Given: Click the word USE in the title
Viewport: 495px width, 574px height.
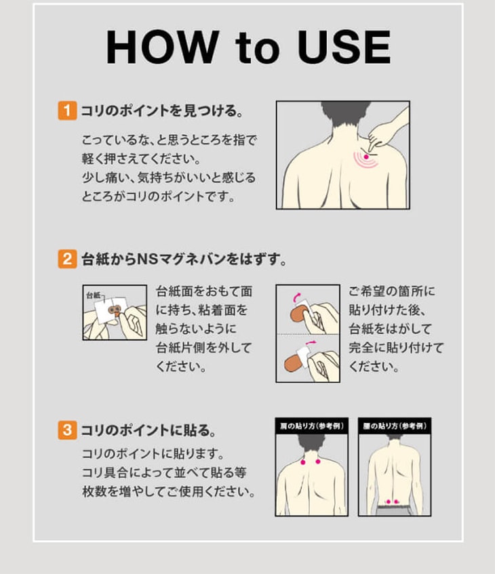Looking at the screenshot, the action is click(x=344, y=47).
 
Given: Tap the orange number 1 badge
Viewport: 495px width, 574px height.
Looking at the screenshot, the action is click(x=67, y=110).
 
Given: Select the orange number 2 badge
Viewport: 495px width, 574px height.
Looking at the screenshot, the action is click(x=67, y=259).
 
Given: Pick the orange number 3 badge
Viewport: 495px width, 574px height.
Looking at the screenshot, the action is click(x=67, y=430).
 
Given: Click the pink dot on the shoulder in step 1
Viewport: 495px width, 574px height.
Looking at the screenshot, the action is click(x=366, y=157).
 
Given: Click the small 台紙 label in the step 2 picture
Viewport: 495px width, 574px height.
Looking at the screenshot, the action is click(x=93, y=295).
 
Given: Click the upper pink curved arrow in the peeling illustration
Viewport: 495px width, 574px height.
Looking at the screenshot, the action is click(x=297, y=296).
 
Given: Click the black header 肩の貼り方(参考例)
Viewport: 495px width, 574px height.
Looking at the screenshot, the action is click(x=311, y=426).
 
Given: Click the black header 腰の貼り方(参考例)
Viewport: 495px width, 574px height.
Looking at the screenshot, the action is click(x=395, y=426).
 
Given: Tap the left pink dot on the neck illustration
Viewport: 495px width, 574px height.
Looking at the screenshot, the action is click(x=303, y=462).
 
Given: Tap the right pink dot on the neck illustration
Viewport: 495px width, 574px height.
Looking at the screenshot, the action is click(x=318, y=462).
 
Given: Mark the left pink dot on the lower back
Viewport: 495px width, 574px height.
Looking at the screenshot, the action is click(x=389, y=501).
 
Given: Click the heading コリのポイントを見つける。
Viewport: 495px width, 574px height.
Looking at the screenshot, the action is click(x=162, y=110).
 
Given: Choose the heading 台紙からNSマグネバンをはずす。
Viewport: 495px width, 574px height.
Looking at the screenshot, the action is click(x=184, y=259).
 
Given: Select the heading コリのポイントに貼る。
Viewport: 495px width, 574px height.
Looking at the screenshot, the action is click(x=148, y=430).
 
